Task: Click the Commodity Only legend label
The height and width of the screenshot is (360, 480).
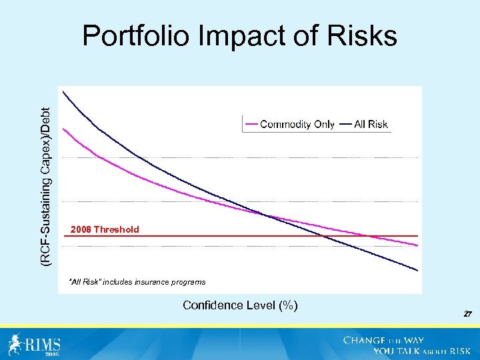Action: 297,124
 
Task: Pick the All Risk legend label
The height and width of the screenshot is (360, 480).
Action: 371,124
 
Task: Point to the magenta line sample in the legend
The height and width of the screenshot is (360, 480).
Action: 251,124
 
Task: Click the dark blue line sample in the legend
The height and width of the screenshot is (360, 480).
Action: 346,124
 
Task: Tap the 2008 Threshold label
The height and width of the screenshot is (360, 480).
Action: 105,229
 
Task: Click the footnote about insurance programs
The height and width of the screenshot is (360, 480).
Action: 137,282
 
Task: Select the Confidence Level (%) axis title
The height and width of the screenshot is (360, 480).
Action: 240,305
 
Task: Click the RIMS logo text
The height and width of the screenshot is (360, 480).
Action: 43,345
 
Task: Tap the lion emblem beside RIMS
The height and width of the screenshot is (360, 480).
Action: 15,343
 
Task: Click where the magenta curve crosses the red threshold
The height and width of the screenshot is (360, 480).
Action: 367,235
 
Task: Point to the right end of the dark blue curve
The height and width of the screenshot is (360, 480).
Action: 417,270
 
